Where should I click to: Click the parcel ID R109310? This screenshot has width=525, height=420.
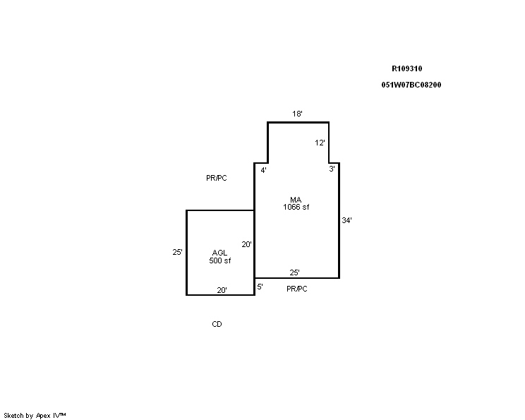[407, 68]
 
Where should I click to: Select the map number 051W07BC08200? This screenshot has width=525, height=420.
[411, 85]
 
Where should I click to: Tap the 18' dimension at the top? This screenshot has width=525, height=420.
[297, 114]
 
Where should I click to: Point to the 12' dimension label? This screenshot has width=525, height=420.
[320, 143]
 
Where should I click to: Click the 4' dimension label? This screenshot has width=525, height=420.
[263, 170]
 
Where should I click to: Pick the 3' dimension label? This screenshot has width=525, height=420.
[332, 169]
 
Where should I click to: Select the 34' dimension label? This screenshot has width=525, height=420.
[346, 220]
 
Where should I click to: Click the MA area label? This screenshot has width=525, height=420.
[296, 200]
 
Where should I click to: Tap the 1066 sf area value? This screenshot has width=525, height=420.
[296, 207]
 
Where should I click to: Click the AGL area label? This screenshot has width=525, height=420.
[219, 253]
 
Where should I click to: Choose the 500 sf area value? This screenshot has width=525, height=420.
[220, 260]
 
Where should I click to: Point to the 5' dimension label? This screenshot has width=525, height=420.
[260, 287]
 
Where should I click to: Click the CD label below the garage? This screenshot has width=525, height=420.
[217, 324]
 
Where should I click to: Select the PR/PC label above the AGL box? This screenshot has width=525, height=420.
[217, 178]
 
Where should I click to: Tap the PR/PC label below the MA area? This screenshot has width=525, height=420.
[296, 289]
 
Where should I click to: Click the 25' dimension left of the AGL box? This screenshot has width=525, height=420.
[177, 252]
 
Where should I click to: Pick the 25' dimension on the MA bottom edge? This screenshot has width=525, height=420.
[295, 272]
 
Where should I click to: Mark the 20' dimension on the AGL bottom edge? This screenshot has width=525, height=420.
[222, 290]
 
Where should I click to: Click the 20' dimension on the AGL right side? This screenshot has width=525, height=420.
[246, 244]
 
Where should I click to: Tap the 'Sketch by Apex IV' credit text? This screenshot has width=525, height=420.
[35, 416]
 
